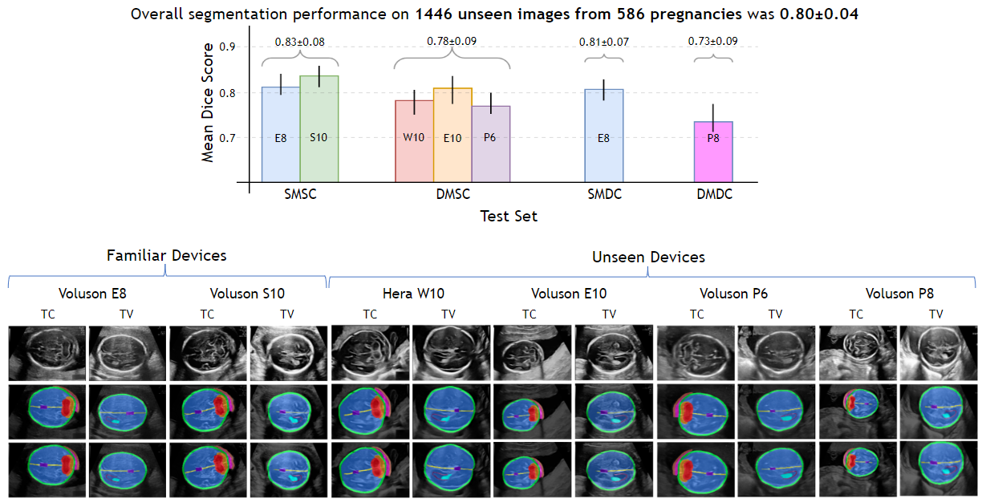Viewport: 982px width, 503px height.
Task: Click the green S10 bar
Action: point(319,128)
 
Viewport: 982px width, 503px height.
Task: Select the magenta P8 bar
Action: point(713,152)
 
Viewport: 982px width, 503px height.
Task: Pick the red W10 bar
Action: point(414,141)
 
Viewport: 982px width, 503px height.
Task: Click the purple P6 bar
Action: point(491,144)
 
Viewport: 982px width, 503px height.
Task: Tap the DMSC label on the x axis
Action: point(452,195)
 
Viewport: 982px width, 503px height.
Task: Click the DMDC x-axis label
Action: point(713,195)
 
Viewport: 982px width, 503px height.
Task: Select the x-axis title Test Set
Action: point(509,216)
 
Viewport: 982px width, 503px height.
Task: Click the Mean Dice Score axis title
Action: point(208,103)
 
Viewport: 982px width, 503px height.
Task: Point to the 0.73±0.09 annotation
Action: point(713,41)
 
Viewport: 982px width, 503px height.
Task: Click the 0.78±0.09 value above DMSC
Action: point(452,41)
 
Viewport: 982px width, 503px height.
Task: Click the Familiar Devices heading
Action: point(167,256)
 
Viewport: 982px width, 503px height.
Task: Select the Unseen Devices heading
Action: point(648,258)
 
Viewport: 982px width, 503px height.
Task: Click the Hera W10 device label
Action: point(408,294)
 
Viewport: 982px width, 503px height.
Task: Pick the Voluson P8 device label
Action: point(899,294)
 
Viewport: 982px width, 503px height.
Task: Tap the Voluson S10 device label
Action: point(247,294)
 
